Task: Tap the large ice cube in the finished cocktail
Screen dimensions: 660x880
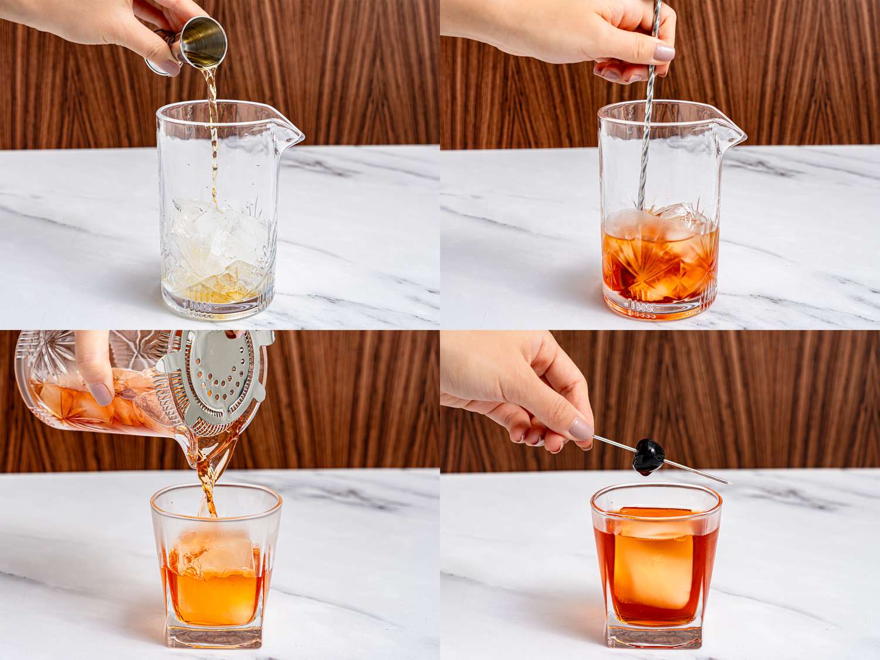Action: point(651,563)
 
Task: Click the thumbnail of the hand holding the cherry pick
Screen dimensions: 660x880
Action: point(582,428)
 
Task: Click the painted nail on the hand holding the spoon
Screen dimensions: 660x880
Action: point(664,53)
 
